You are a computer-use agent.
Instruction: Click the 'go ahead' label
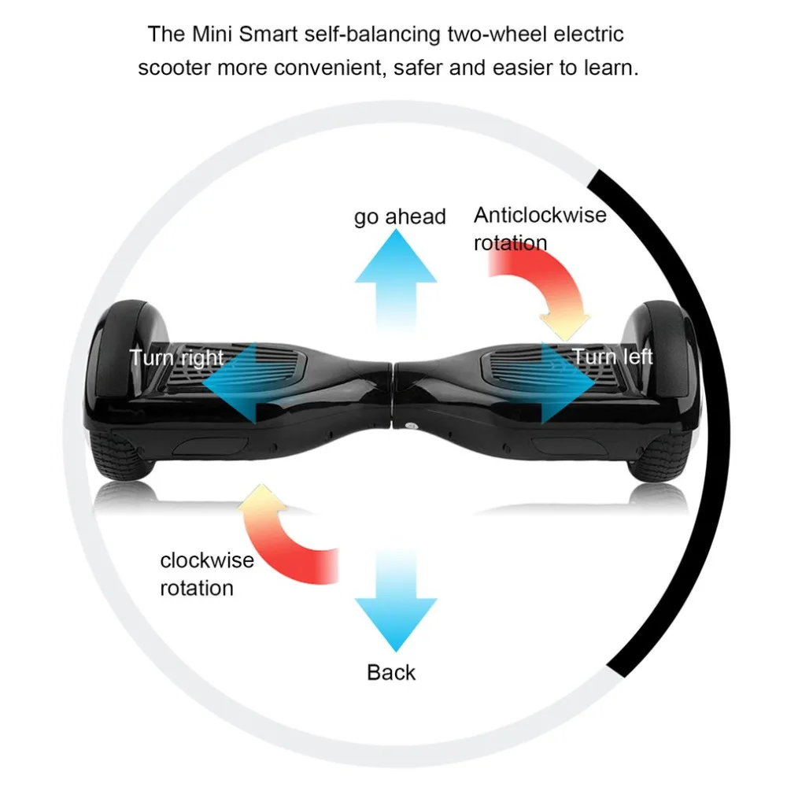400,216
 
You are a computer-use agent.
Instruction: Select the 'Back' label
391,672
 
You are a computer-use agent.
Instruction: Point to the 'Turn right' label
177,357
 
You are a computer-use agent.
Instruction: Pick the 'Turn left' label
612,357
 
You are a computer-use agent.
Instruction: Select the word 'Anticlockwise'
540,215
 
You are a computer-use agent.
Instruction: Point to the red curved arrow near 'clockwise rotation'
283,535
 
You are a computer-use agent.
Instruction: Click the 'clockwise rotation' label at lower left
206,574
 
